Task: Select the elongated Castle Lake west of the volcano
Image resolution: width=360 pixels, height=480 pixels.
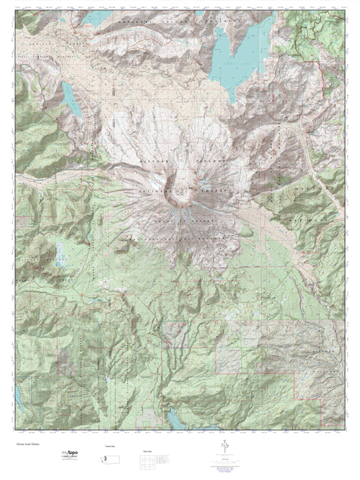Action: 70,100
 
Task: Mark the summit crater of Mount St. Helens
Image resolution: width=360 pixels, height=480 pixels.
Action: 180,190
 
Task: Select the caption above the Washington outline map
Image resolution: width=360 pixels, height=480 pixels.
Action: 109,446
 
